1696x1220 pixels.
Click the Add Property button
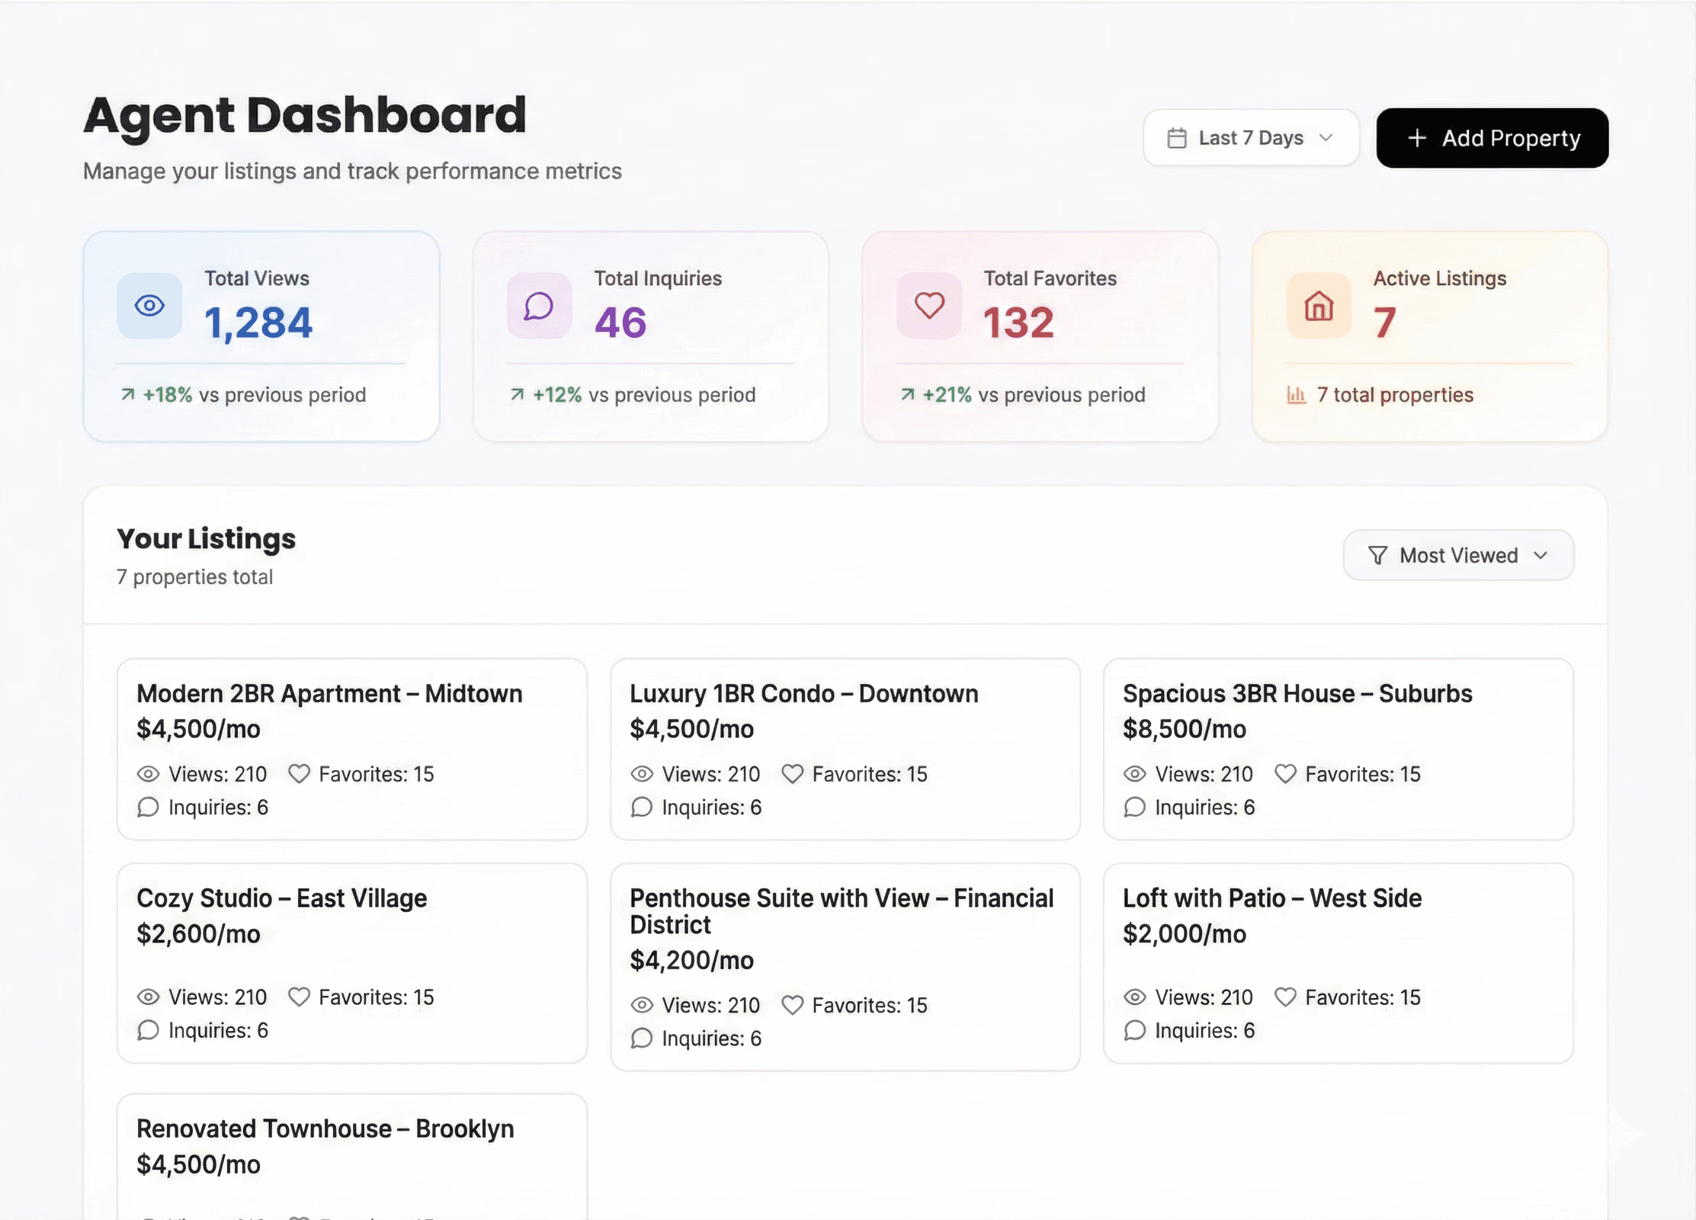tap(1492, 138)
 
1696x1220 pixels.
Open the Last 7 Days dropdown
tap(1251, 138)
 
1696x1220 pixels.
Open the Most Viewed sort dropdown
tap(1457, 555)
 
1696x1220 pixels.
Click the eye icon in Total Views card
tap(149, 306)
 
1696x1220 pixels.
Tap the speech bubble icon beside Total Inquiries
tap(539, 306)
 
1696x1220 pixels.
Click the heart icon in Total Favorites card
tap(929, 306)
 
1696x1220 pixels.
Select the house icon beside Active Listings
tap(1319, 306)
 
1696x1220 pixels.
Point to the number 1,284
tap(258, 323)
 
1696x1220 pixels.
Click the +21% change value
tap(947, 395)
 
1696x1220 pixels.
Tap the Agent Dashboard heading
tap(305, 115)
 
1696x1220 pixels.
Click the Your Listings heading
tap(206, 538)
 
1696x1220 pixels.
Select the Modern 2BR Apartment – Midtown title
tap(329, 694)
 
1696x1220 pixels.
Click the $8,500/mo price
tap(1184, 729)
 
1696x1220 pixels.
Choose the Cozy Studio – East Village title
tap(281, 898)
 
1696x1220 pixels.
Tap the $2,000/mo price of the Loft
tap(1184, 934)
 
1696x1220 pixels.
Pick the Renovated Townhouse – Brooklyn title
tap(325, 1128)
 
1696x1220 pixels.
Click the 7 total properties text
tap(1395, 395)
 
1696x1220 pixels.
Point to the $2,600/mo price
tap(198, 934)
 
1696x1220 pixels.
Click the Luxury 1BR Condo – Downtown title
tap(803, 694)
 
